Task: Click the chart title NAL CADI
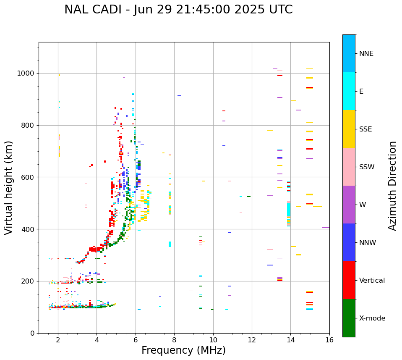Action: [178, 10]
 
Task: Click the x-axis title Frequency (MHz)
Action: [183, 350]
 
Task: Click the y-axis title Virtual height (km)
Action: [9, 188]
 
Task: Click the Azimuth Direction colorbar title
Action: [392, 186]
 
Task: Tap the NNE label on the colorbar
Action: [366, 54]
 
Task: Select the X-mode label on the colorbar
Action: [372, 318]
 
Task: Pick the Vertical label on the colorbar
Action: [372, 281]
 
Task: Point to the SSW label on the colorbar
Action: [367, 167]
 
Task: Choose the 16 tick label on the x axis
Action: [329, 340]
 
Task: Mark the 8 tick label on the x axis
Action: [174, 340]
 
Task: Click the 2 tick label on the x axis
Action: [58, 340]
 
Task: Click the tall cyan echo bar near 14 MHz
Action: [289, 209]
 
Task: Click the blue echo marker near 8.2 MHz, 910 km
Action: [179, 96]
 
